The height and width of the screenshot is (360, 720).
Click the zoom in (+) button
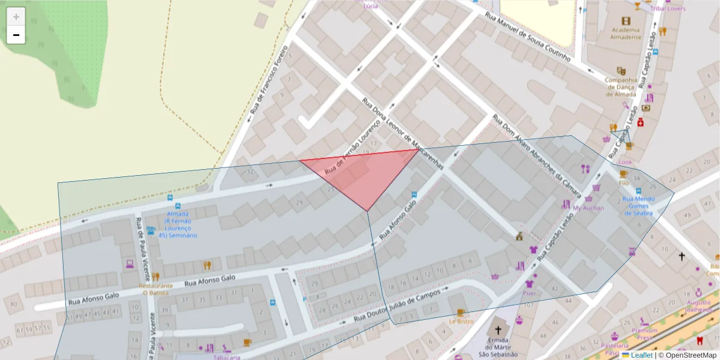16,16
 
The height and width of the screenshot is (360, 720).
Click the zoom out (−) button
16,35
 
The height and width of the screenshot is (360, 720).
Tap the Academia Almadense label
626,33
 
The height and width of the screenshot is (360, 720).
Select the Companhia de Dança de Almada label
620,87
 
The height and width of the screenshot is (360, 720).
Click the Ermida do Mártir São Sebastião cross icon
497,330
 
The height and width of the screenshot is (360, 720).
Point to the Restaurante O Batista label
156,289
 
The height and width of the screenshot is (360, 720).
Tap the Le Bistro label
461,322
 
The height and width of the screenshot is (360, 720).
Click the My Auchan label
589,208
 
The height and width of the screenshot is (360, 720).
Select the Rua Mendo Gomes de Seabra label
638,206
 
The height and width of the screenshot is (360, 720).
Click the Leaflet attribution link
641,355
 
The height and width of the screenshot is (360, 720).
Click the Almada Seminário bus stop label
178,225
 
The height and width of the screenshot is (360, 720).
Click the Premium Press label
645,334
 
